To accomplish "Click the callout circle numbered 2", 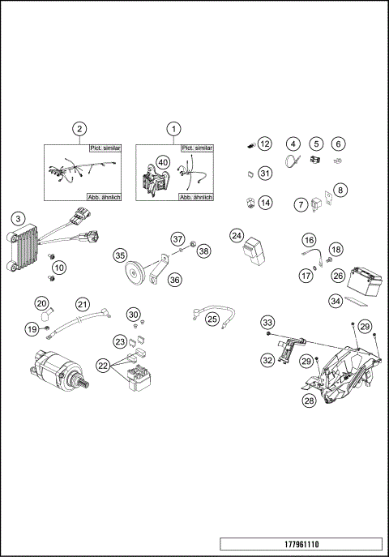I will [79, 128].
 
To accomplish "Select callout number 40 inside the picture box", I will [163, 162].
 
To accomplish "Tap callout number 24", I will [237, 235].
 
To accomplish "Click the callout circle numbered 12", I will [265, 144].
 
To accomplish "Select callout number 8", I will [340, 190].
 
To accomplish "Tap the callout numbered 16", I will [309, 240].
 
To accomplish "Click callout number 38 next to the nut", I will [203, 251].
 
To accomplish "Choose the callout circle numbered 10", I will [59, 267].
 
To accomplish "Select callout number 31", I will [265, 173].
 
